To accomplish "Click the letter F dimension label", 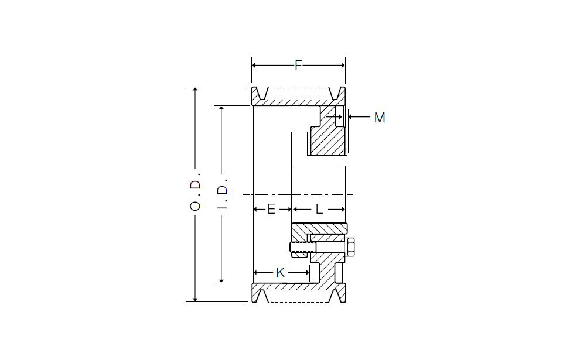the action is click(x=298, y=66).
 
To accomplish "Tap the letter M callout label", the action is click(x=380, y=118).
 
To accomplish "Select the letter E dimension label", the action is click(x=271, y=209).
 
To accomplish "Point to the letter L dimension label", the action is click(x=319, y=209).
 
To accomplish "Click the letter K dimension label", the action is click(x=280, y=272).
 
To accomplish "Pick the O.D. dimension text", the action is click(x=195, y=195).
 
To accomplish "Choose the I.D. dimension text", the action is click(x=222, y=193).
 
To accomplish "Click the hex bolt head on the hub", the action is click(x=351, y=247).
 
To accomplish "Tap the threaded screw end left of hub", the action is click(x=302, y=248).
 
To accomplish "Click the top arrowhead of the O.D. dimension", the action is click(x=195, y=90).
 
